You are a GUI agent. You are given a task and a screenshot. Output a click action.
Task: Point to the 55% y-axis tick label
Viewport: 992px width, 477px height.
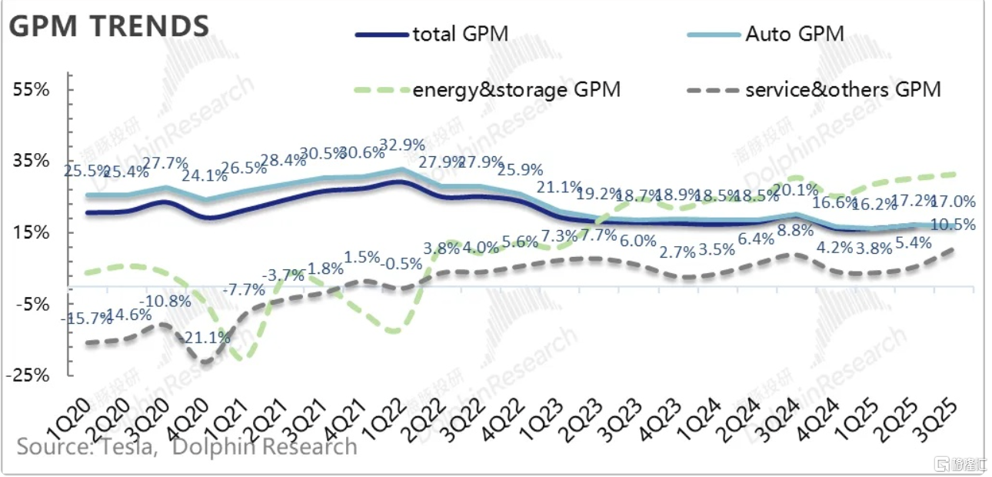coord(32,90)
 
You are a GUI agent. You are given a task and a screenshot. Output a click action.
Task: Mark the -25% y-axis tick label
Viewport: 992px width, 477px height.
coord(28,376)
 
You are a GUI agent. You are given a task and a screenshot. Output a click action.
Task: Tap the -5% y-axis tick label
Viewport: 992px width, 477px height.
coord(32,305)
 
